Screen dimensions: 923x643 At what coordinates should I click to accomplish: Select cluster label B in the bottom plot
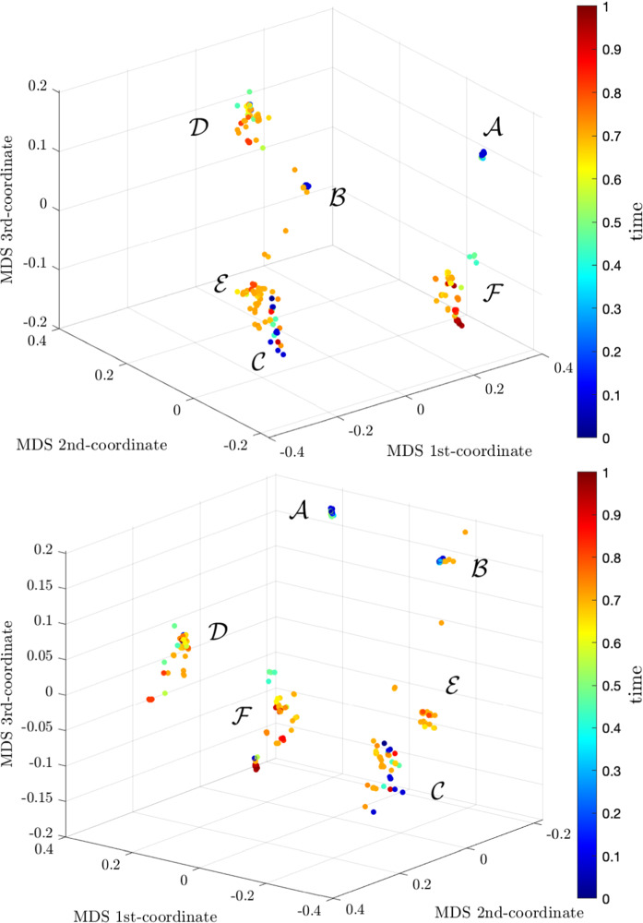pos(479,569)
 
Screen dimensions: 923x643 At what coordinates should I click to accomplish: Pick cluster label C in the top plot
pos(260,362)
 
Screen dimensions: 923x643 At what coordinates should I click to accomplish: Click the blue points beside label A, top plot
pos(482,154)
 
